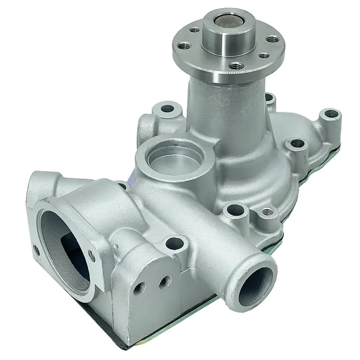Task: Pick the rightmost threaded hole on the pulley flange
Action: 272,40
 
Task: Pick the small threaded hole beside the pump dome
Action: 267,211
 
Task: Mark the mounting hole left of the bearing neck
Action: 167,108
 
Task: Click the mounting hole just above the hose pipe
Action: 175,244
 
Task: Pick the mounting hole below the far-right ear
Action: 297,144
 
